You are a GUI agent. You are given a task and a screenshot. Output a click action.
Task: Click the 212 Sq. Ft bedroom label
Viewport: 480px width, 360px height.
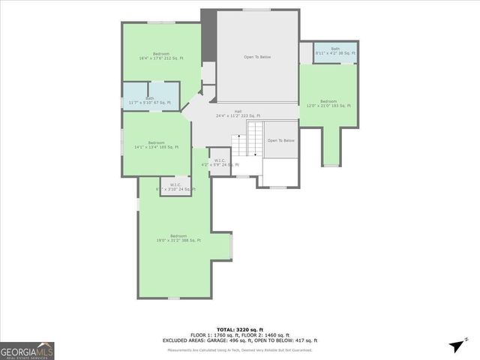(x=160, y=56)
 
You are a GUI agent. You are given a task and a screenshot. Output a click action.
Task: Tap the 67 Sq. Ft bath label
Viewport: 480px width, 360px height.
(x=149, y=100)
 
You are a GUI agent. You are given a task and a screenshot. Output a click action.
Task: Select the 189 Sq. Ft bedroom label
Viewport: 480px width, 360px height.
(x=156, y=145)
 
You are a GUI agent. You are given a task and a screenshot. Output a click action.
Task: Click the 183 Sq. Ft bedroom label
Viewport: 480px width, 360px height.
(x=328, y=103)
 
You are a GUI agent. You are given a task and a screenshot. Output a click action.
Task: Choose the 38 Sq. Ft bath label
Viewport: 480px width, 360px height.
(x=334, y=51)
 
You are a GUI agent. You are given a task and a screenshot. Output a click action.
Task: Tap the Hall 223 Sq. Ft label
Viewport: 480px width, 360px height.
(x=238, y=113)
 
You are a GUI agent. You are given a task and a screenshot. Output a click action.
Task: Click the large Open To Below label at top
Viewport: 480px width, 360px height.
(x=256, y=57)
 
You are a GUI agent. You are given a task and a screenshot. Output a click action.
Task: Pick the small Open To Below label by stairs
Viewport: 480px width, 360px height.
(x=281, y=140)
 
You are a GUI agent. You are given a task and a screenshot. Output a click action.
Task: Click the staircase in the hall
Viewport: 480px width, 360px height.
(x=255, y=142)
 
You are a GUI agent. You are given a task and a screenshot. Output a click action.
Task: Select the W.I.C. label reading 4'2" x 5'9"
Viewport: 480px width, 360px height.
(x=220, y=162)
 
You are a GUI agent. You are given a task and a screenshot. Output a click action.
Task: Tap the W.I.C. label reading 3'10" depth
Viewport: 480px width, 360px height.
(x=175, y=187)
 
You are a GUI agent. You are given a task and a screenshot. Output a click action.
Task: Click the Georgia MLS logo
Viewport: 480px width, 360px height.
(x=27, y=350)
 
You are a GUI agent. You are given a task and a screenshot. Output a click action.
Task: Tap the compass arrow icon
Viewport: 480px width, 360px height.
(x=454, y=345)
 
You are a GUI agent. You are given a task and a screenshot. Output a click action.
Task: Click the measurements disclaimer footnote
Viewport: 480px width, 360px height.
(x=239, y=349)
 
